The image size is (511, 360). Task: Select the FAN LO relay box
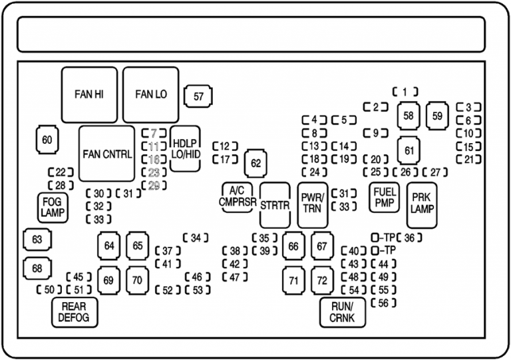(x=151, y=94)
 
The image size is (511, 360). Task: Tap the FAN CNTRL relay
(x=107, y=154)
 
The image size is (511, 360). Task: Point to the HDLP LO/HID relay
(x=186, y=148)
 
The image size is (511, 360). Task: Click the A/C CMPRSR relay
(x=238, y=198)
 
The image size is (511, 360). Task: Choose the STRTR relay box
(x=275, y=205)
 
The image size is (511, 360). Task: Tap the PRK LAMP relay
(x=422, y=204)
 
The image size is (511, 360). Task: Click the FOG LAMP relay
(x=53, y=207)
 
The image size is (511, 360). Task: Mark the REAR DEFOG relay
(x=74, y=312)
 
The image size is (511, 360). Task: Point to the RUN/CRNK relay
(x=342, y=312)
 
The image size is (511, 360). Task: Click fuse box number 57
(x=198, y=96)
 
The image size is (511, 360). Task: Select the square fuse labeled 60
(x=47, y=140)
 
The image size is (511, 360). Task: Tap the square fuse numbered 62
(x=256, y=162)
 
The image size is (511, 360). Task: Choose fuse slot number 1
(x=405, y=92)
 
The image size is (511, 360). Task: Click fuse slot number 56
(x=383, y=303)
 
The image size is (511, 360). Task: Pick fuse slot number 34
(x=196, y=238)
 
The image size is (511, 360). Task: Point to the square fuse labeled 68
(x=37, y=268)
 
